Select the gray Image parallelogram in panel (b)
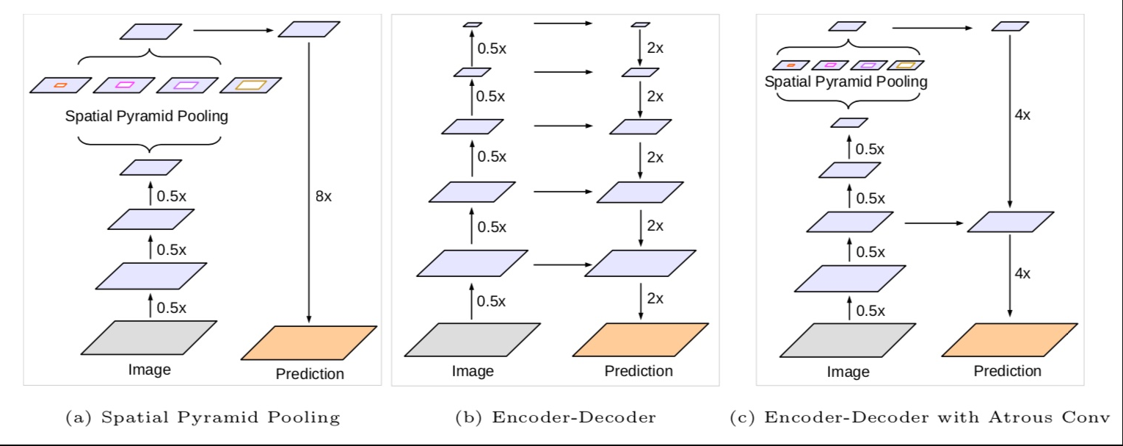point(473,339)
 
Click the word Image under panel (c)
point(848,372)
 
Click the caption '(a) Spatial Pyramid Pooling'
point(203,418)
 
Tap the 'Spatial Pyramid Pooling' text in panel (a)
point(146,117)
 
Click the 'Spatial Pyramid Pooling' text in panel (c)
point(846,82)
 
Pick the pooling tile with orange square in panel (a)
point(60,84)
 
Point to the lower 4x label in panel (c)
point(1022,273)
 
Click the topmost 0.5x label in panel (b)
point(492,48)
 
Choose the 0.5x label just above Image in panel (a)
point(172,307)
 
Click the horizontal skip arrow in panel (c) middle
point(934,221)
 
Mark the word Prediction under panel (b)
point(639,371)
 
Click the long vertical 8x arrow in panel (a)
point(309,184)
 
